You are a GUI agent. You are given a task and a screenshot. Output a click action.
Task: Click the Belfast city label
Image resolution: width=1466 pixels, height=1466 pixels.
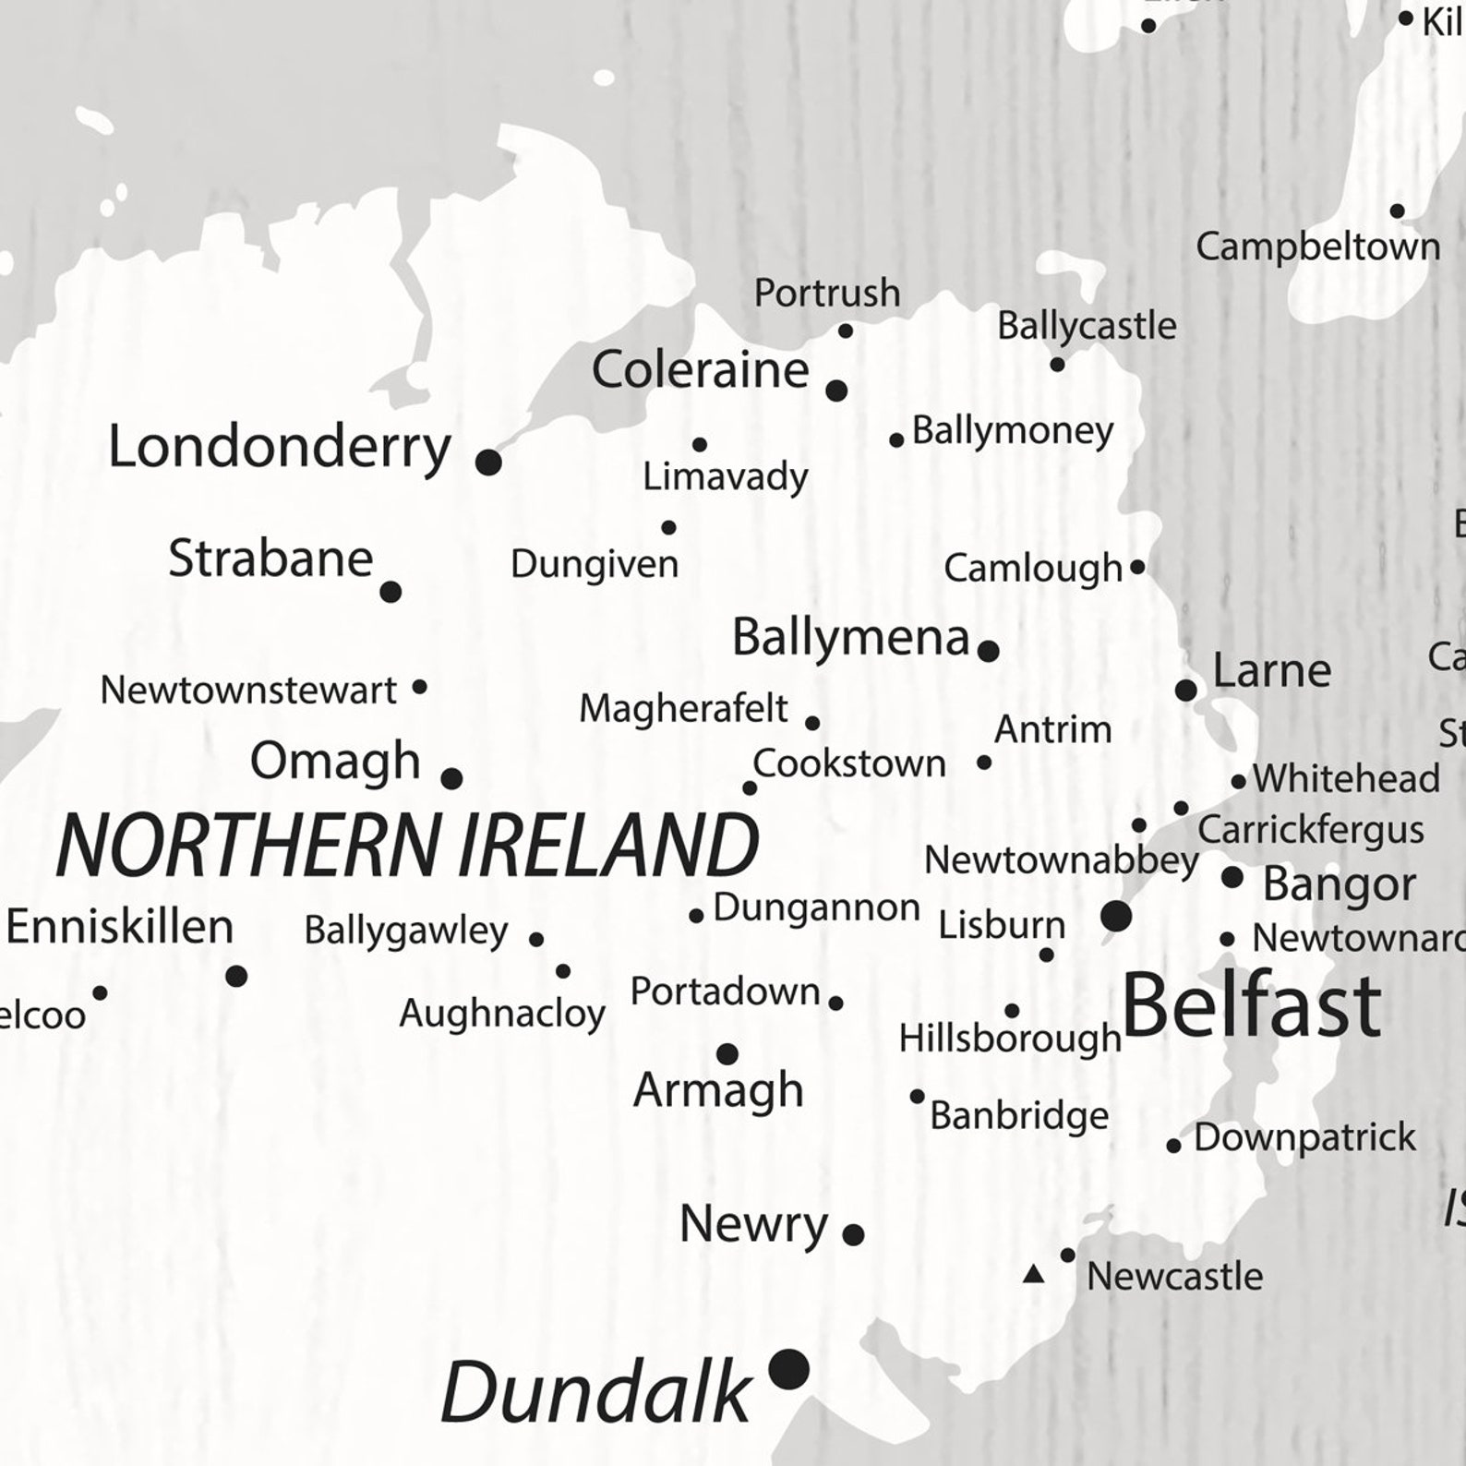pos(1251,1005)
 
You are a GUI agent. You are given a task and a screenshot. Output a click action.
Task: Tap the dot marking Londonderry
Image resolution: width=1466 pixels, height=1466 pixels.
pos(488,462)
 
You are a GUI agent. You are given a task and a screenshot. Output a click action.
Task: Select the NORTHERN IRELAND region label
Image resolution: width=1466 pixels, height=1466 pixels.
pos(407,846)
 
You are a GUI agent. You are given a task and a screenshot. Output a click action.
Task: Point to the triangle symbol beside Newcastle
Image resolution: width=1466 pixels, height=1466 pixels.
pos(1034,1275)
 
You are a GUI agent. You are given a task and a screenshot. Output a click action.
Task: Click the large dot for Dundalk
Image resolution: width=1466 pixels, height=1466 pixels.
pos(789,1368)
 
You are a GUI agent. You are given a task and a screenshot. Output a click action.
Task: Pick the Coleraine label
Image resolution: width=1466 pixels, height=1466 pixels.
pos(700,370)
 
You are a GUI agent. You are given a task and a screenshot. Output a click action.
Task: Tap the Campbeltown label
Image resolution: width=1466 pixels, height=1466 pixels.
pos(1317,246)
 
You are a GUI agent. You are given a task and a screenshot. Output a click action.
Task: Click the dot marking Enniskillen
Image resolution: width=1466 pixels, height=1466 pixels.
pos(236,975)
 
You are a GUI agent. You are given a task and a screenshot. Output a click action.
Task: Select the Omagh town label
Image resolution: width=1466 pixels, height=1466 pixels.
pos(335,762)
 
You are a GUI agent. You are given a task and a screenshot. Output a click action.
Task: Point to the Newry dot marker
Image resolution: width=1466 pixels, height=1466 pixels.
pos(853,1233)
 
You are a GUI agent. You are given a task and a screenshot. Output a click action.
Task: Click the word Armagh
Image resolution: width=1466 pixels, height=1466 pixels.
pos(718,1090)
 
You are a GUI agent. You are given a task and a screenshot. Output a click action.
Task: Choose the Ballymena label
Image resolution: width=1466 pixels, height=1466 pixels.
pos(850,637)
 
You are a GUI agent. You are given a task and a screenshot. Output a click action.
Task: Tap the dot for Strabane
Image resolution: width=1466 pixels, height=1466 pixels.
pos(391,592)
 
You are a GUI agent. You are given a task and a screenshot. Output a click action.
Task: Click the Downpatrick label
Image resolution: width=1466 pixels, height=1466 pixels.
pos(1304,1137)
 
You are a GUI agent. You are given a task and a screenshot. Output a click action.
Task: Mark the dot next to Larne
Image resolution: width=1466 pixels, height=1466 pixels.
pos(1186,690)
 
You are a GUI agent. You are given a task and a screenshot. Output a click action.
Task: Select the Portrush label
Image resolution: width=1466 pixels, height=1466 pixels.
pos(827,293)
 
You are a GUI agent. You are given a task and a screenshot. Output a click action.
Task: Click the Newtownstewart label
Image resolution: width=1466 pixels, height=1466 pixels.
pos(248,690)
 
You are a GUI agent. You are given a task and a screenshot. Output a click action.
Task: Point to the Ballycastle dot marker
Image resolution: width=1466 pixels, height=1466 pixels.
pos(1057,365)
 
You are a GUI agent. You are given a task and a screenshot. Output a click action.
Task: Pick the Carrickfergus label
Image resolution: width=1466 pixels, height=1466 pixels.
pos(1310,830)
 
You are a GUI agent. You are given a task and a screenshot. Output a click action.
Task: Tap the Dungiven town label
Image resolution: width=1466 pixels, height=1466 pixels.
pos(595,564)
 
